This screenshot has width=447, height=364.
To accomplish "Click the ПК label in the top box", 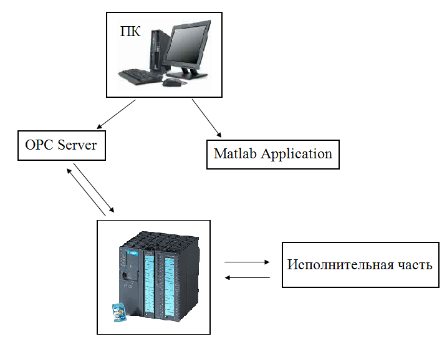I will (x=130, y=31).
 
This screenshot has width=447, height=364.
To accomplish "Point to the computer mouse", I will (x=170, y=82).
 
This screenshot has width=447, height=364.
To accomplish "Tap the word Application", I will (x=297, y=154).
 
